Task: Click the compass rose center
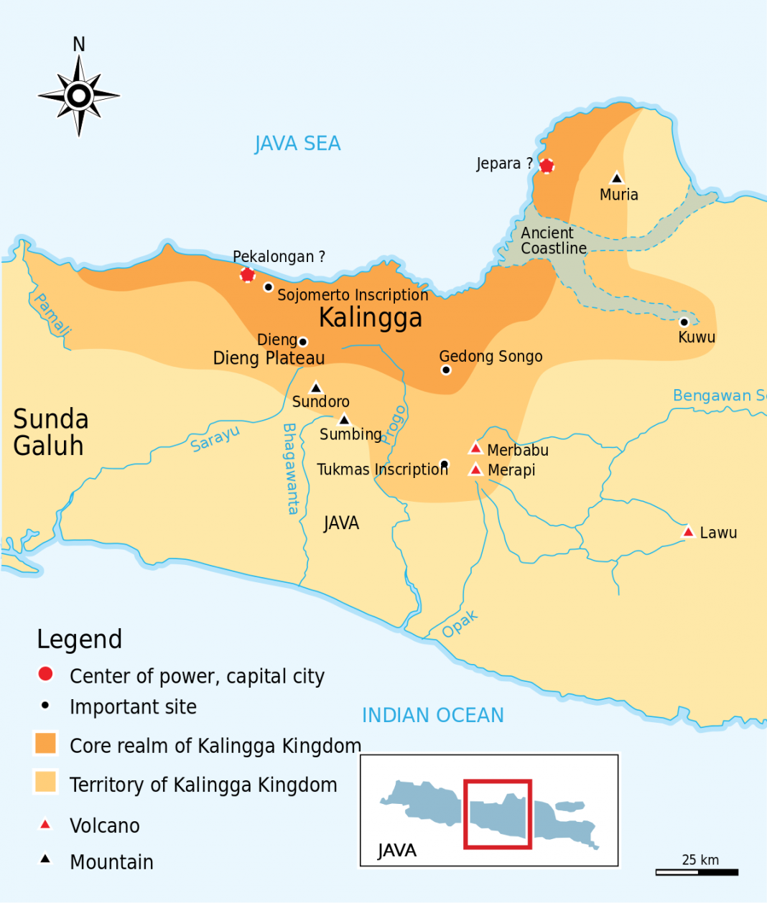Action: [79, 95]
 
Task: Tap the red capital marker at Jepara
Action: [547, 166]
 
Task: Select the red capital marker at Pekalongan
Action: [247, 274]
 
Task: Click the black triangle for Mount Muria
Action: [616, 178]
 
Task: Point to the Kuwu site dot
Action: [684, 322]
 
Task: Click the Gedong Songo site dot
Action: [446, 370]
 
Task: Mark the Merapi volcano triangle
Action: [475, 469]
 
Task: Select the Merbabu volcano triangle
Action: [475, 449]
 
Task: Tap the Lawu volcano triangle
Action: [688, 532]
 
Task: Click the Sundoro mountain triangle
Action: [315, 388]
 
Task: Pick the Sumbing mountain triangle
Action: [344, 420]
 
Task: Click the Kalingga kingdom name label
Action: [370, 317]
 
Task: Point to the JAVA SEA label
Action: [297, 144]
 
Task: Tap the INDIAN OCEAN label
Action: [432, 715]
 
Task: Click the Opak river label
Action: [460, 624]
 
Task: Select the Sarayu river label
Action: [215, 439]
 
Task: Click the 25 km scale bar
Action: [697, 872]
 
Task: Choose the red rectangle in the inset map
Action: [498, 814]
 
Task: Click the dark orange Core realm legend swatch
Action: [45, 743]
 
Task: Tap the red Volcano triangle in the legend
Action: [45, 824]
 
